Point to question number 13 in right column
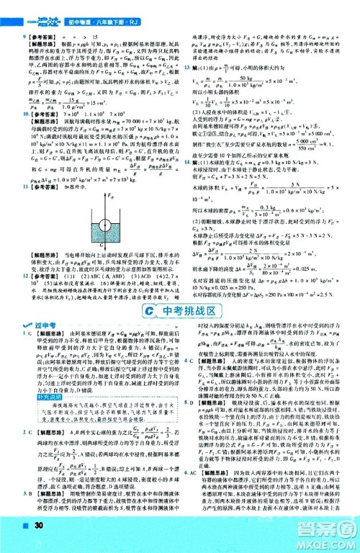click(186, 66)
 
